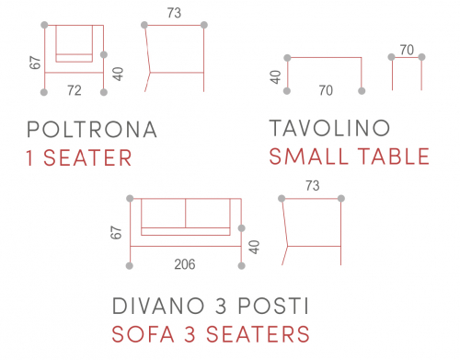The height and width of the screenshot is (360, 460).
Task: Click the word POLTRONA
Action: pyautogui.click(x=92, y=129)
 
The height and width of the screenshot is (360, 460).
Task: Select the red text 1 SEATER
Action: pyautogui.click(x=79, y=158)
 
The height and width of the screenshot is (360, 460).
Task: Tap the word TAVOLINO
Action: pyautogui.click(x=329, y=128)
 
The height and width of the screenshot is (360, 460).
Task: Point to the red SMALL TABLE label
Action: pyautogui.click(x=350, y=157)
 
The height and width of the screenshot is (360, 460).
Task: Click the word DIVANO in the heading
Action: pyautogui.click(x=158, y=306)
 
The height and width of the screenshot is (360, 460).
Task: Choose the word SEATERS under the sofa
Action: pyautogui.click(x=258, y=334)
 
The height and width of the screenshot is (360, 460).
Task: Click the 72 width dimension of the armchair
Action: pyautogui.click(x=75, y=90)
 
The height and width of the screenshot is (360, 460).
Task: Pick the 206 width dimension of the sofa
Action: pyautogui.click(x=185, y=264)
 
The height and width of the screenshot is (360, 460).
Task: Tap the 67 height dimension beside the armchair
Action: pyautogui.click(x=35, y=63)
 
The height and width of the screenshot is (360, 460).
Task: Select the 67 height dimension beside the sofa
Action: pyautogui.click(x=116, y=233)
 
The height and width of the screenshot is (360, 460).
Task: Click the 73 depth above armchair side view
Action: pyautogui.click(x=174, y=13)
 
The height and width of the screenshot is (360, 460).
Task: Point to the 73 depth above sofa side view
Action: pyautogui.click(x=313, y=186)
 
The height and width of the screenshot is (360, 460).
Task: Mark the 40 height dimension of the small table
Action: pyautogui.click(x=276, y=77)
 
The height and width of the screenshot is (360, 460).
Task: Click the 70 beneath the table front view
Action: pyautogui.click(x=326, y=90)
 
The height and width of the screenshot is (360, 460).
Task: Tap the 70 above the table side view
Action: pyautogui.click(x=407, y=50)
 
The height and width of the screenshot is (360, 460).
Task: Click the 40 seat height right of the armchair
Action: pyautogui.click(x=118, y=74)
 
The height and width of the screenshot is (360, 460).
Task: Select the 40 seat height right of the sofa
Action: pyautogui.click(x=255, y=248)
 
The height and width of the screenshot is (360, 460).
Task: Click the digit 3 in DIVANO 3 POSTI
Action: pyautogui.click(x=221, y=306)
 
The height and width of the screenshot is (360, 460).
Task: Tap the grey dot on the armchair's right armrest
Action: pyautogui.click(x=104, y=54)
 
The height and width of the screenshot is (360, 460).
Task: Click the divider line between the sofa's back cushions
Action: pyautogui.click(x=186, y=214)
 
